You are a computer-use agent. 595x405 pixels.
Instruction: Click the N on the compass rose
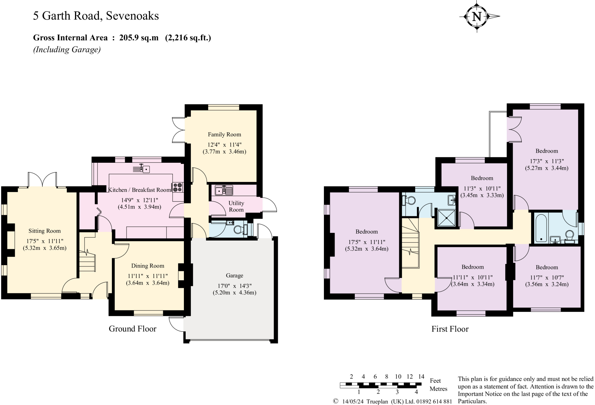click(477, 17)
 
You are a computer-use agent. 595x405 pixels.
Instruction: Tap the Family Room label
click(224, 134)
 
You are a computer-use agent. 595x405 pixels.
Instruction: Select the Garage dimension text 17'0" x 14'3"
click(234, 285)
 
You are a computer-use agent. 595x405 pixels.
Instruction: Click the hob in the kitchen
click(178, 187)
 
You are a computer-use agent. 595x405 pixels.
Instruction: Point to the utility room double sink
click(224, 191)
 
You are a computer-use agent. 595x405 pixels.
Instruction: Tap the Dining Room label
click(148, 266)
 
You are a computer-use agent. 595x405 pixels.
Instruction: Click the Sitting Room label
click(44, 231)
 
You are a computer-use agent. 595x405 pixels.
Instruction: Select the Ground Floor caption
click(132, 329)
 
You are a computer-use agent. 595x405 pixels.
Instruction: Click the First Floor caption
click(450, 329)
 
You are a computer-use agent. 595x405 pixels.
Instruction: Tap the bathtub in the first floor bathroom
click(541, 228)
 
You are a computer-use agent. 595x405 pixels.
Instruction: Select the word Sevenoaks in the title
click(132, 16)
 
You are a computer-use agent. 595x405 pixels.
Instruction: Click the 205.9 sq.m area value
click(139, 38)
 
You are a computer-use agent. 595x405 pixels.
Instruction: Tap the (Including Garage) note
click(67, 50)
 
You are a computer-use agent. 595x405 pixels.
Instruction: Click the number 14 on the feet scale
click(421, 377)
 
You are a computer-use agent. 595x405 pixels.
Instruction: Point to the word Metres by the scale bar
click(438, 389)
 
